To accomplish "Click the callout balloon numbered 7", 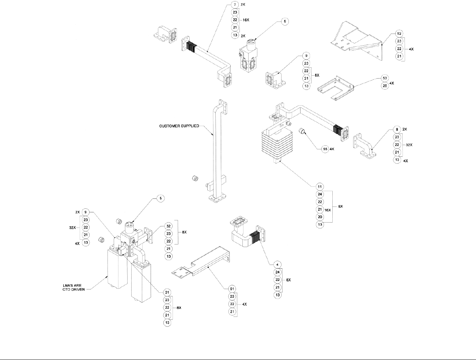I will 235,4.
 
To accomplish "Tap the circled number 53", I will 384,78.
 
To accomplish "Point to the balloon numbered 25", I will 384,86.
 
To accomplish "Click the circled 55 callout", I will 324,149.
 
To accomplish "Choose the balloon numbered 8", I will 397,129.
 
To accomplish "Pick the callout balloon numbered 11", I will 320,186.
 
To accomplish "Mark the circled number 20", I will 320,217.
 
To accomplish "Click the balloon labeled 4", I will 278,264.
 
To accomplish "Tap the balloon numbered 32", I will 169,226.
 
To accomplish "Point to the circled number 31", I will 167,292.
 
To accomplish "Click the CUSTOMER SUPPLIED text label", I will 179,126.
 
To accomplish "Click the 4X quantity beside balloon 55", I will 332,149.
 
